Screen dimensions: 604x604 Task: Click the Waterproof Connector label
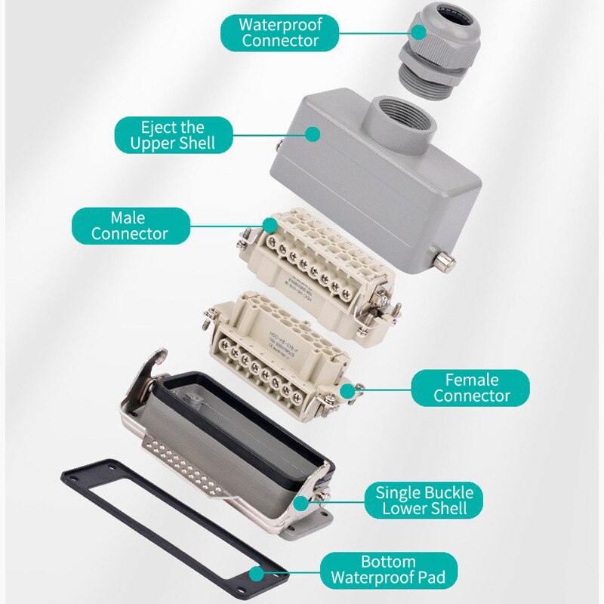(280, 32)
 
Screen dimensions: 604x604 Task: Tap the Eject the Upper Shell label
(172, 134)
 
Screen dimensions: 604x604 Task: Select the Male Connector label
(129, 226)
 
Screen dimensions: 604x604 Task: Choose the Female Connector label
(471, 387)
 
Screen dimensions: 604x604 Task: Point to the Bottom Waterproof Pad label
(387, 571)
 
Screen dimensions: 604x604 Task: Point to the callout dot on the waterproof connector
(416, 32)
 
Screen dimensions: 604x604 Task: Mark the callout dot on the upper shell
(312, 134)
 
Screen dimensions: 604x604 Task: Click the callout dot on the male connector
(269, 224)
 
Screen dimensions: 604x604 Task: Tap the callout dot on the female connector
(347, 390)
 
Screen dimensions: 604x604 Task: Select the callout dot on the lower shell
(301, 501)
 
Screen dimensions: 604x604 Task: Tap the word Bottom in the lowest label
(387, 562)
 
